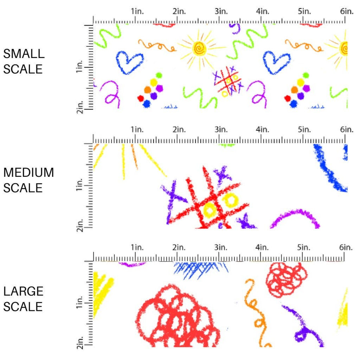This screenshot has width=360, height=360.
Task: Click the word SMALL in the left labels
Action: (24, 54)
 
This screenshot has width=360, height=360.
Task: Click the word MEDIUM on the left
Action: (28, 172)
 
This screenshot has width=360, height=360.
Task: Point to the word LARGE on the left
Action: (23, 291)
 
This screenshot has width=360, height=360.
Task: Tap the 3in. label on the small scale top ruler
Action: (221, 12)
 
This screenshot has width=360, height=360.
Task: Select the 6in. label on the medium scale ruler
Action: (347, 130)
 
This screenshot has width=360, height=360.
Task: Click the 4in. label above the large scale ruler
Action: (262, 248)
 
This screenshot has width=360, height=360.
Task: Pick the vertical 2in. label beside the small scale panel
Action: (80, 105)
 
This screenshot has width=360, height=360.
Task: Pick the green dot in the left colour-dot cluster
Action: (159, 75)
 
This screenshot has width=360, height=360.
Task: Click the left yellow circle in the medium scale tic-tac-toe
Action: (210, 210)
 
